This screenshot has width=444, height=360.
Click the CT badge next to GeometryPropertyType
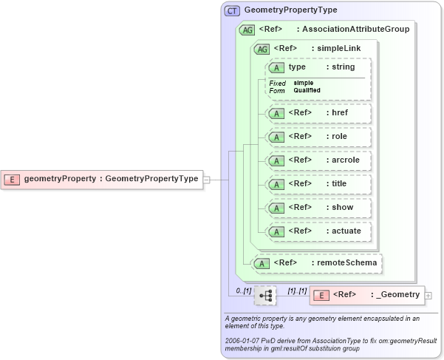pos(233,10)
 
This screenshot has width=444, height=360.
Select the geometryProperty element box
pos(103,178)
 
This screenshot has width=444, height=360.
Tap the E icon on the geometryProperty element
pos(13,178)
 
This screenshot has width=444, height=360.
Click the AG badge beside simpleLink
pos(261,49)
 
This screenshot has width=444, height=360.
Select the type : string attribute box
pos(318,67)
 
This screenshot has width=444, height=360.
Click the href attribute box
pos(318,113)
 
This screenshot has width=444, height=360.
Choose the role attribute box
pos(318,137)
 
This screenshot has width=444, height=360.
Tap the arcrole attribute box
pos(318,160)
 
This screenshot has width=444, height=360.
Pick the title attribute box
pos(318,184)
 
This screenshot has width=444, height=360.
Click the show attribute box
pos(318,208)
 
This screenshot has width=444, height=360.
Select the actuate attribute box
pos(318,231)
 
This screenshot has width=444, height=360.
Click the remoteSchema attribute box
pos(318,262)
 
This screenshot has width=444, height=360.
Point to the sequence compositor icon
pos(266,296)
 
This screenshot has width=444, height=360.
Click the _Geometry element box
pos(366,295)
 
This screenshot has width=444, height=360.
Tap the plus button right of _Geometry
pos(429,296)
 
